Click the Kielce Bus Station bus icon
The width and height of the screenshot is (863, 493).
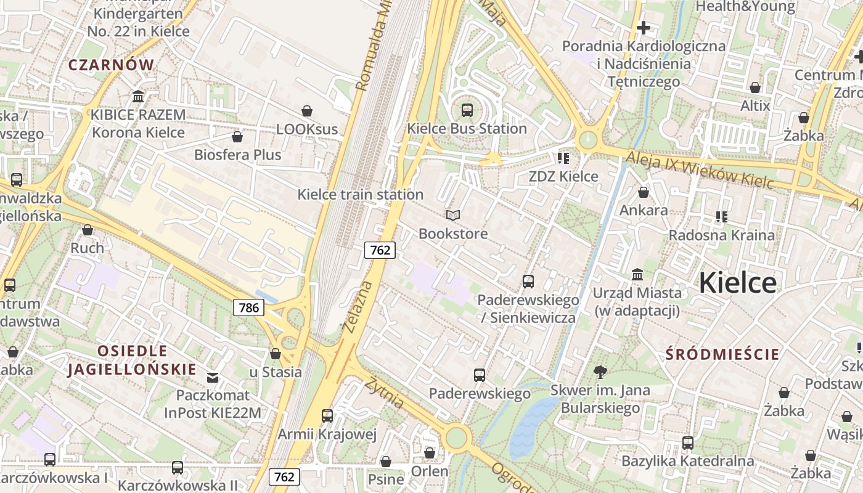pos(467,110)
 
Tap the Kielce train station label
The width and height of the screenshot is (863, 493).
pos(361,195)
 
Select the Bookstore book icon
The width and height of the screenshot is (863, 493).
pos(453,215)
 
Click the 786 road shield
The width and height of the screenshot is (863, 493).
pos(248,307)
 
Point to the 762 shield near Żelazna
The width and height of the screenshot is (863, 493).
pos(380,250)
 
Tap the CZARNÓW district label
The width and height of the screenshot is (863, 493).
pos(111,65)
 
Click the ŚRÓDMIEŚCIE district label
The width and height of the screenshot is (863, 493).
pos(723,354)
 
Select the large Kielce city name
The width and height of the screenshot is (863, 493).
pos(738,283)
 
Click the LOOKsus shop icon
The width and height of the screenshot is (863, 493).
pos(307,111)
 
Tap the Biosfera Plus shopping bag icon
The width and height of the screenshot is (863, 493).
pos(237,136)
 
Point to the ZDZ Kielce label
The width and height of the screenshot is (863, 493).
pos(563,176)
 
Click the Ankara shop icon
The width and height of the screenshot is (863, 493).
pos(644,192)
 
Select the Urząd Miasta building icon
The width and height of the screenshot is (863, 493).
pos(637,274)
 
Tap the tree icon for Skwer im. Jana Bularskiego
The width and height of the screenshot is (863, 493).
pos(600,372)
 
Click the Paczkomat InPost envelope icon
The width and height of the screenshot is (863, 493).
pos(213,377)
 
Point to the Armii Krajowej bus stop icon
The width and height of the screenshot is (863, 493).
pos(327,416)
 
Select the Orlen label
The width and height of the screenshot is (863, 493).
pos(430,471)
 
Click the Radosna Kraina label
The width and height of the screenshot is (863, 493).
pos(722,235)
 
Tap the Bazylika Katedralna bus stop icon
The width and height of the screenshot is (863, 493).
pos(688,442)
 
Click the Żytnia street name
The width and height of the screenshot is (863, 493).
pos(383,393)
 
